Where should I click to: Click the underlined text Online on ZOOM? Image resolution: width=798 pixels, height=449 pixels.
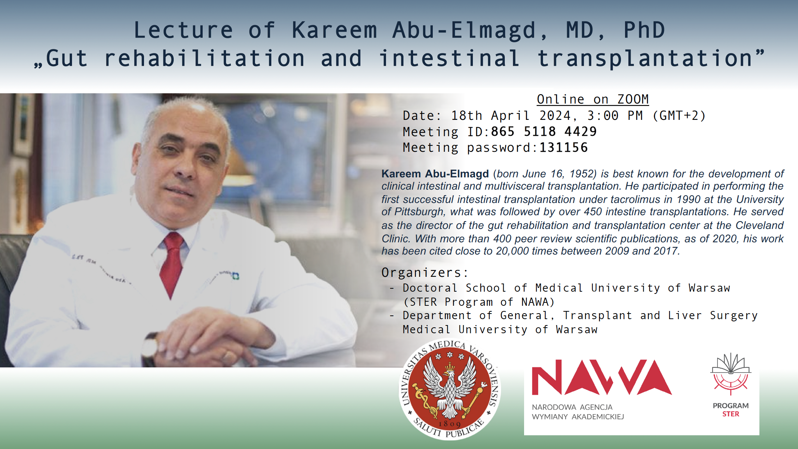(593, 99)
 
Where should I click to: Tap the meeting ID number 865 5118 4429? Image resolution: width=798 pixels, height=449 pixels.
(544, 132)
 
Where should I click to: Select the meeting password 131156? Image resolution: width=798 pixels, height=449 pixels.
(563, 148)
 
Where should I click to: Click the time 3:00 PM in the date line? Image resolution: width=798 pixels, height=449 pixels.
(615, 116)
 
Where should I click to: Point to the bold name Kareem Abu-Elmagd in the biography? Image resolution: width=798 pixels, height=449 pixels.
(435, 174)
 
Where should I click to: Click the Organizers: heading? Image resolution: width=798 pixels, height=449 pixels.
(425, 273)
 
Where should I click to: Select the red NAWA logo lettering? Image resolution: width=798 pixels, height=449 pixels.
(602, 377)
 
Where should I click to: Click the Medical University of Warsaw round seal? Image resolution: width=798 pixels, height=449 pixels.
(449, 390)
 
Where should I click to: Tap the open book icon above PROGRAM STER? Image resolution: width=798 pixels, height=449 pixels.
(730, 363)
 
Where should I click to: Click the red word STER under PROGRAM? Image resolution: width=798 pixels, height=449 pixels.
(730, 414)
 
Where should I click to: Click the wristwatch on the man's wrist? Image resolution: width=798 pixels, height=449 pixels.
(150, 349)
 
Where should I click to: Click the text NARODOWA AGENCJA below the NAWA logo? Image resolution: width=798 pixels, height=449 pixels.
(572, 407)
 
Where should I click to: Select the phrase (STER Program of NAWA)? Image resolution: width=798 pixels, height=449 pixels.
(479, 302)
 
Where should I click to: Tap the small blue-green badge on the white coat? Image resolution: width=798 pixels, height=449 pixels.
(236, 276)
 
